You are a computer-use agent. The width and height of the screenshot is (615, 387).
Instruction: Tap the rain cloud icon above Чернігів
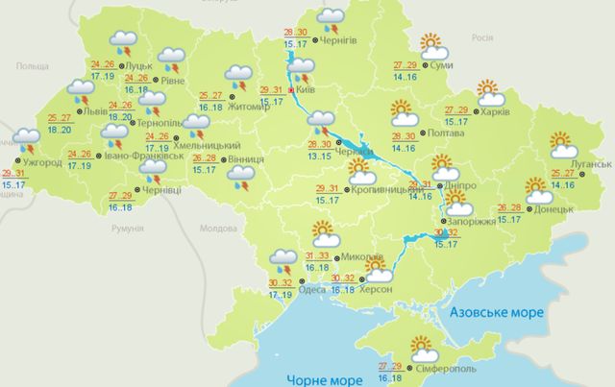coord(331,16)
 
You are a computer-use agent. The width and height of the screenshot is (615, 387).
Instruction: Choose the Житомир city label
coord(252,107)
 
